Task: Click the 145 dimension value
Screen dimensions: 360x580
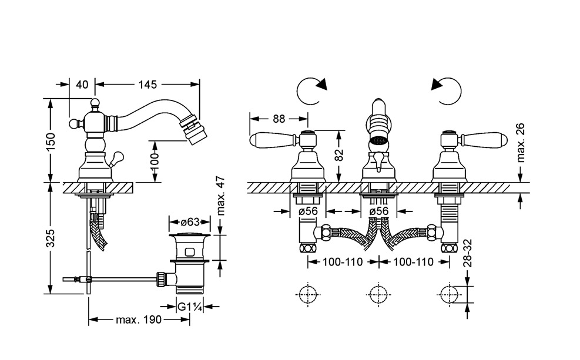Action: point(148,85)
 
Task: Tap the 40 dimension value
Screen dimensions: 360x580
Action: point(82,85)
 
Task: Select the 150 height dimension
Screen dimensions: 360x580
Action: point(51,140)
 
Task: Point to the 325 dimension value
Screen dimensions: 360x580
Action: point(51,238)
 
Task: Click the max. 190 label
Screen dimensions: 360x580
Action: point(139,319)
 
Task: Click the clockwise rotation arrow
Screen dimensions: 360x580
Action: point(311,91)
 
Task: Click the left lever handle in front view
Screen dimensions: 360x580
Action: point(271,141)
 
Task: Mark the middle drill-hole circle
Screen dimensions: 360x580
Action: point(377,293)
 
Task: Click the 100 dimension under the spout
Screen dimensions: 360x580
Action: point(154,160)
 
